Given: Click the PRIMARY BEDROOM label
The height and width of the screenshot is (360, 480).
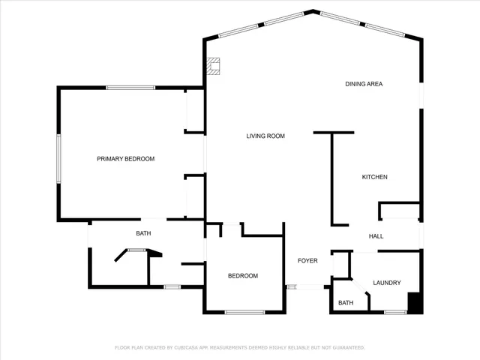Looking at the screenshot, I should click(125, 158).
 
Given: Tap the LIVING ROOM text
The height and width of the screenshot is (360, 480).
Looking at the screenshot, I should click(265, 136).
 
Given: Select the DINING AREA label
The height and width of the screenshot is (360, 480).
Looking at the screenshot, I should click(364, 84).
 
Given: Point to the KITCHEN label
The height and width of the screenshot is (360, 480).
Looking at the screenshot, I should click(374, 177).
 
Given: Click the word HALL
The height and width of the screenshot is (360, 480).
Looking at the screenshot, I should click(376, 236).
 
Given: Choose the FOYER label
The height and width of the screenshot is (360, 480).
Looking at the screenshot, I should click(307, 261).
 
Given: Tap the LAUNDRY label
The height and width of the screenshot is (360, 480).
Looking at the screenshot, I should click(386, 283).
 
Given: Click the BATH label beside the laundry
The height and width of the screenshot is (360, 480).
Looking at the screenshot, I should click(345, 303).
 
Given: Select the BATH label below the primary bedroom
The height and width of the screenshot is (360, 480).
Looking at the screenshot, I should click(143, 233).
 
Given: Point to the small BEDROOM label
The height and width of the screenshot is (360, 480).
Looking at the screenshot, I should click(243, 276).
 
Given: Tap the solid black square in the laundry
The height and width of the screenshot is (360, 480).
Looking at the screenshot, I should click(414, 302).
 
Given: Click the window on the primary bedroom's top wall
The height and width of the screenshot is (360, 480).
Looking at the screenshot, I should click(130, 88).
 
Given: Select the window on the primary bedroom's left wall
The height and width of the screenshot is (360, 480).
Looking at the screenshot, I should click(58, 158).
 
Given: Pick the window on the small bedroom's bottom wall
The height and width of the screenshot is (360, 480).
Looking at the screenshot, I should click(244, 312).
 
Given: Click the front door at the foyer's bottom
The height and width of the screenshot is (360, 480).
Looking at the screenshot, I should click(304, 286).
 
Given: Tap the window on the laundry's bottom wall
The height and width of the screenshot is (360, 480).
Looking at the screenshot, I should click(394, 311).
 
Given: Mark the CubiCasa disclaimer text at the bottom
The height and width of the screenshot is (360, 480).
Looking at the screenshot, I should click(239, 347).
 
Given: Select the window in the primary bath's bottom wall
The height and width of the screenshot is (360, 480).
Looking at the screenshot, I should click(172, 286).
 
